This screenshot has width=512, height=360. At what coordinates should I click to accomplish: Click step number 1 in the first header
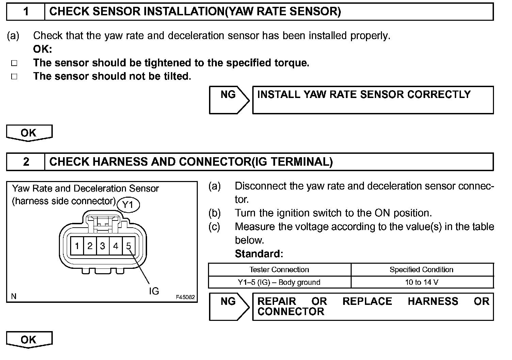26,12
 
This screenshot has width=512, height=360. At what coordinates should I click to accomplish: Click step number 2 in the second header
26,162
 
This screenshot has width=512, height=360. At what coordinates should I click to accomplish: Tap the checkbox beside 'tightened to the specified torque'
14,63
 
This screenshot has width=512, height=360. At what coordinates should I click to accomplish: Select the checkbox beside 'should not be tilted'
14,77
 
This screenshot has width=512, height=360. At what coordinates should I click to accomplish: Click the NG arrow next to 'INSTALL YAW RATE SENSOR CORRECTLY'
229,100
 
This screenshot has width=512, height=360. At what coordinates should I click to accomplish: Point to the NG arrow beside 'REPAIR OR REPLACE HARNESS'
229,306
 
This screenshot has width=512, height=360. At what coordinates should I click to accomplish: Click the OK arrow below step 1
29,133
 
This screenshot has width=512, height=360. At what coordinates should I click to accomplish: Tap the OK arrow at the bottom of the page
29,340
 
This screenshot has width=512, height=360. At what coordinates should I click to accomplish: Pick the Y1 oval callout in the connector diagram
128,205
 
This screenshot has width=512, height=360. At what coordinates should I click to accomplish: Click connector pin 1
77,246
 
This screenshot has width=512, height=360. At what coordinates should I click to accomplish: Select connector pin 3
103,246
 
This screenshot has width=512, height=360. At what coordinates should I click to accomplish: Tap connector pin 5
128,246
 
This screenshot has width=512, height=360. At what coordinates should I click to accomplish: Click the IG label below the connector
154,291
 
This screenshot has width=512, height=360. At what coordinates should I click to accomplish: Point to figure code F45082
185,297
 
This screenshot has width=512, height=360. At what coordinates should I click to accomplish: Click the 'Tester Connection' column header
279,270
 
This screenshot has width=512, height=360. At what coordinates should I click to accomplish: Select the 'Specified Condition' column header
421,270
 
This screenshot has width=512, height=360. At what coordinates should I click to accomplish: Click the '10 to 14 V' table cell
421,282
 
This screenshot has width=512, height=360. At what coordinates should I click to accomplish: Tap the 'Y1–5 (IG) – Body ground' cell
279,282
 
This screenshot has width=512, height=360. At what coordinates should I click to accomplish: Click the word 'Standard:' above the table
259,254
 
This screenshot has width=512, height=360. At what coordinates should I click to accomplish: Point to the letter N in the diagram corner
14,296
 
